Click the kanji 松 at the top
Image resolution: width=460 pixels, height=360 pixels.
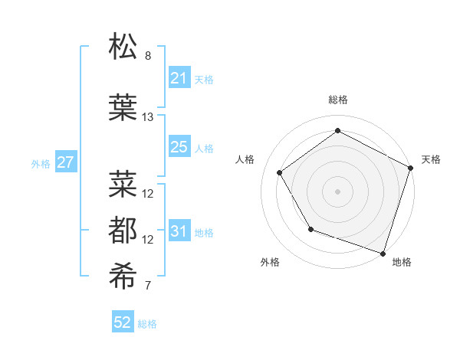coord(123,47)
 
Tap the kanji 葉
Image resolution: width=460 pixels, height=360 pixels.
coord(123,107)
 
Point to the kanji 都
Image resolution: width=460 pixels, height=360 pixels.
coord(123,230)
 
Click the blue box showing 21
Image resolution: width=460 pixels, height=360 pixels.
coord(179,78)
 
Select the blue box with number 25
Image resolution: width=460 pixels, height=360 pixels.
coord(179,147)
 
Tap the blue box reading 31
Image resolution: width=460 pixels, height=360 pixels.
coord(179,231)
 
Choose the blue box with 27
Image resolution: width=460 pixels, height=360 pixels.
coord(65,162)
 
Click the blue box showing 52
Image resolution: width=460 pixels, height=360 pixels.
coord(123,322)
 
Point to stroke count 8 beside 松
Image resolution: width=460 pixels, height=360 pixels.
coord(148,56)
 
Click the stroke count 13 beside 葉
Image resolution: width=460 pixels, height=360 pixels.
coord(148,117)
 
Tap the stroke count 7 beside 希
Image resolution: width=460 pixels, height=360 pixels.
coord(148,286)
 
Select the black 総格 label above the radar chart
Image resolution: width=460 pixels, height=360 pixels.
coord(337,100)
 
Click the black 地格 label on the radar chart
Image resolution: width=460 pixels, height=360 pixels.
coord(402,262)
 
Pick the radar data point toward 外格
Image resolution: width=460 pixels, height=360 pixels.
coord(310,229)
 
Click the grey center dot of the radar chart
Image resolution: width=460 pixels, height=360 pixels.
coord(337,191)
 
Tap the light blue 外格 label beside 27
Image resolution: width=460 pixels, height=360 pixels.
coord(40,163)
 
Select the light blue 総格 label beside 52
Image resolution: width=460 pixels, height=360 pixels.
coord(147,323)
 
